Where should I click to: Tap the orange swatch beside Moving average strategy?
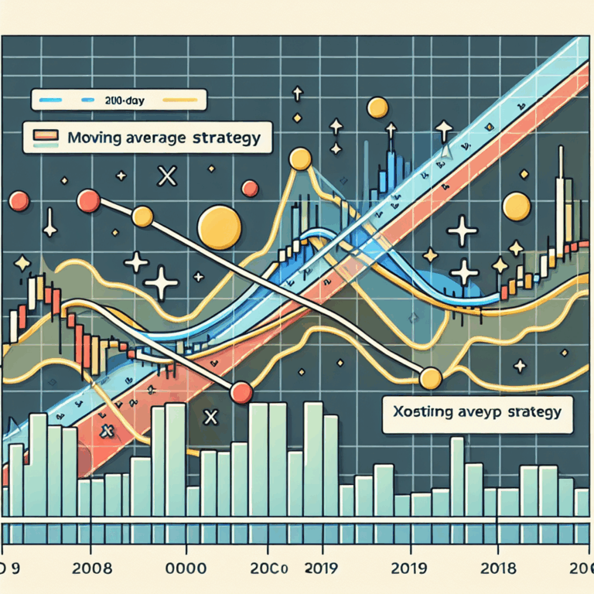pyautogui.click(x=46, y=137)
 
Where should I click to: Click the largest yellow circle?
pyautogui.click(x=219, y=227)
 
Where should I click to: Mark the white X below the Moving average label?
pyautogui.click(x=166, y=177)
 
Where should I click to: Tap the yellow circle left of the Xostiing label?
pyautogui.click(x=431, y=378)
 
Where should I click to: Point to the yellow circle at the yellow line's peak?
pyautogui.click(x=299, y=161)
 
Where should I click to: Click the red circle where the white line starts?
pyautogui.click(x=88, y=203)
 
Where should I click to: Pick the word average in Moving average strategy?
pyautogui.click(x=152, y=138)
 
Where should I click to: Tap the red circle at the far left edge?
pyautogui.click(x=17, y=203)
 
